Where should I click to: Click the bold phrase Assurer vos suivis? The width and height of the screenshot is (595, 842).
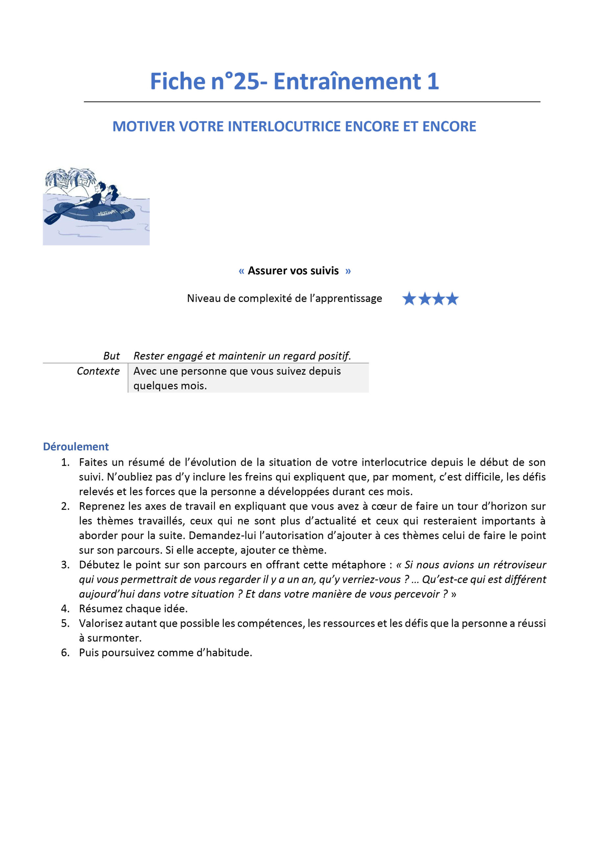click(293, 271)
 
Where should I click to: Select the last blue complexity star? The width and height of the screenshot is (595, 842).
click(452, 299)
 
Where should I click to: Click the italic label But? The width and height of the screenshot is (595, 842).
click(111, 356)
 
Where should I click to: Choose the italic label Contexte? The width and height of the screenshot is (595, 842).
click(98, 371)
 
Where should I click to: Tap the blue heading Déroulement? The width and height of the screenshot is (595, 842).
click(76, 446)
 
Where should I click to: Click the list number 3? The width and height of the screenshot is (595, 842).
click(65, 565)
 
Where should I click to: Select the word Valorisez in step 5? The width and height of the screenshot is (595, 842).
click(101, 623)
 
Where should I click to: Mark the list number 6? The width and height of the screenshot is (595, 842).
click(65, 653)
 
